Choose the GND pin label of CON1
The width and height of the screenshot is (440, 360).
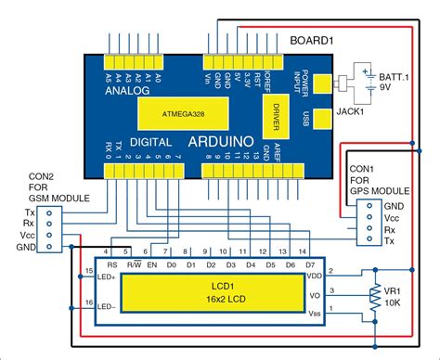pyautogui.click(x=394, y=204)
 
